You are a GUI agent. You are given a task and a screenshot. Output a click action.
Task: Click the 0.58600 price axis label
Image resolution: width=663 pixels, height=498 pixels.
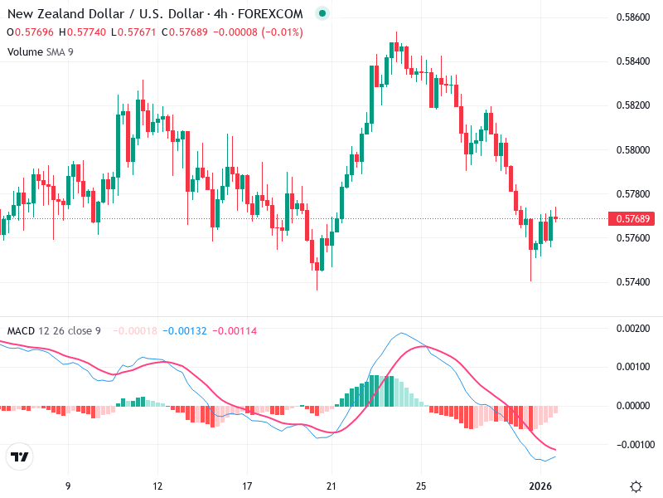632,17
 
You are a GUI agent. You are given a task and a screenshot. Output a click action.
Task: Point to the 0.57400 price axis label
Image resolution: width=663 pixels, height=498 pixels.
632,282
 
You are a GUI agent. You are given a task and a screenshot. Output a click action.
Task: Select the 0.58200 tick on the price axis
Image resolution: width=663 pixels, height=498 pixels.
632,105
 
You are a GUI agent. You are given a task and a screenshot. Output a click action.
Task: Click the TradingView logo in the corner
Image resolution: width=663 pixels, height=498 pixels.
19,457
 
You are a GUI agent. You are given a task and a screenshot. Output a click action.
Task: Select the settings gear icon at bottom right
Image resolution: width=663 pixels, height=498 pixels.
636,486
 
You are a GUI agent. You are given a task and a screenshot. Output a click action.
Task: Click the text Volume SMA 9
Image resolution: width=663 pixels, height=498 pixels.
39,51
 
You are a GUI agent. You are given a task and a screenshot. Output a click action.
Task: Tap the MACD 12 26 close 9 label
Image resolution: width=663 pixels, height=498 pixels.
54,331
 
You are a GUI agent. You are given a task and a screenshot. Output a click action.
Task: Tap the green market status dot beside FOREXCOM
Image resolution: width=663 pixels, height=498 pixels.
322,13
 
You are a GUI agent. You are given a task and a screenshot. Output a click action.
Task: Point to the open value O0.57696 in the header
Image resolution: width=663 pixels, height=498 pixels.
31,32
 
